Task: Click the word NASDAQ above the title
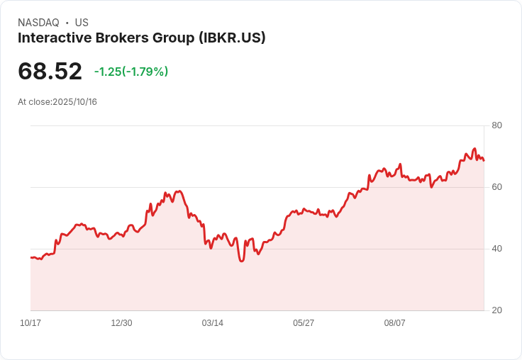pos(38,23)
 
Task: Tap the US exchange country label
pos(82,23)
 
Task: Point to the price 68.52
pos(50,72)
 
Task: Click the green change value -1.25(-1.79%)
pos(131,72)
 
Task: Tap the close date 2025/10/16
pos(74,102)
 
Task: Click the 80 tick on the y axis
pos(497,125)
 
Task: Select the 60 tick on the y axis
pos(497,187)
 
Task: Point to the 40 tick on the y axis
pos(497,249)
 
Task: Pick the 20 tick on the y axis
pos(497,310)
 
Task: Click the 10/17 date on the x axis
pos(30,323)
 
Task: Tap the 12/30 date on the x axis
pos(121,323)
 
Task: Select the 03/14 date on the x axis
pos(213,323)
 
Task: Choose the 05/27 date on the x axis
pos(304,323)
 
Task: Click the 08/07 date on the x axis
pos(395,323)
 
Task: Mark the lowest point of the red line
pos(242,261)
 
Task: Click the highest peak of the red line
pos(474,149)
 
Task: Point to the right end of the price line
pos(484,160)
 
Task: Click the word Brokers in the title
pos(119,38)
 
